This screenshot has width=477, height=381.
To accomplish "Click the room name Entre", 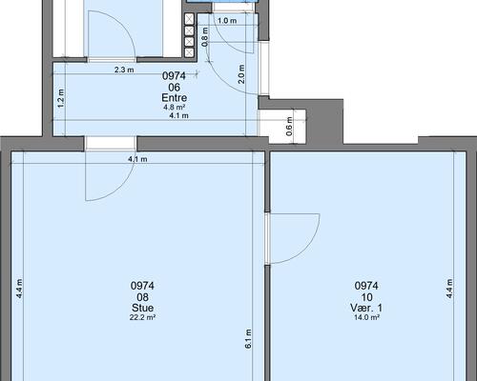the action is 174,97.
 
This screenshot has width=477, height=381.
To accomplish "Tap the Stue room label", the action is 142,308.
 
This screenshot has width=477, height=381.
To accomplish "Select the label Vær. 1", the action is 366,308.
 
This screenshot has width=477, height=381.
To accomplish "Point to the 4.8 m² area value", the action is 175,108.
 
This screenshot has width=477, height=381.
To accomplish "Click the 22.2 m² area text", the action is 142,317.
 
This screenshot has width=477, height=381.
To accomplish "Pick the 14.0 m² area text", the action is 366,317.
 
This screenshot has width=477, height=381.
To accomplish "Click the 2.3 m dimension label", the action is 124,70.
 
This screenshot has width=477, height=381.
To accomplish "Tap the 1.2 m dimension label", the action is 61,98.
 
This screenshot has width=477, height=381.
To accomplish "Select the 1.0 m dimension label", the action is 227,21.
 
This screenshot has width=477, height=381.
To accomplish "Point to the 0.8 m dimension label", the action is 205,37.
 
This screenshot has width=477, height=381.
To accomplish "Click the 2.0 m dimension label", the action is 241,74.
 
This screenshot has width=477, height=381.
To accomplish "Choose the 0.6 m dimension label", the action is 289,127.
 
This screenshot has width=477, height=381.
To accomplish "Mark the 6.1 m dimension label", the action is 248,339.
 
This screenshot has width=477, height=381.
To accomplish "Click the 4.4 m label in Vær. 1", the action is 449,289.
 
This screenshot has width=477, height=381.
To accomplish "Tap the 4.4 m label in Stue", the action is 19,289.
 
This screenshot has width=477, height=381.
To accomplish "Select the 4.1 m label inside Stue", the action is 137,159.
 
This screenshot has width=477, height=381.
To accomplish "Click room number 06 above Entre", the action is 175,87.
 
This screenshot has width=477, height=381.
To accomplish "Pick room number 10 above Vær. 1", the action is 366,297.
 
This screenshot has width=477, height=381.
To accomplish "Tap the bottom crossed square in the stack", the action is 189,52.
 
